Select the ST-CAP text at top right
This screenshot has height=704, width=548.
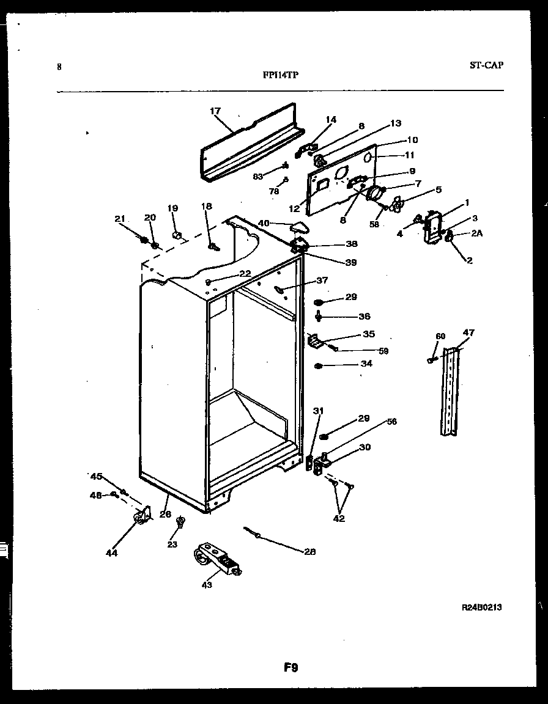tap(487, 65)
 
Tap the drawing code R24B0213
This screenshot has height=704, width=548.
tap(483, 607)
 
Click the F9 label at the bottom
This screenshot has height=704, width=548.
tap(291, 668)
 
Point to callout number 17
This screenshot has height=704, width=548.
tap(215, 111)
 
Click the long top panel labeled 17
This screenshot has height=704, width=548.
tap(251, 145)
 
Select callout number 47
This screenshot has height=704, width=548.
tap(468, 332)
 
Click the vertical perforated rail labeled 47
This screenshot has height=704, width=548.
tap(451, 391)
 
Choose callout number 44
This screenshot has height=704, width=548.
tap(111, 553)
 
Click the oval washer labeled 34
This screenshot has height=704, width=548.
tap(319, 366)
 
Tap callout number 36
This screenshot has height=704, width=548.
tap(365, 317)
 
